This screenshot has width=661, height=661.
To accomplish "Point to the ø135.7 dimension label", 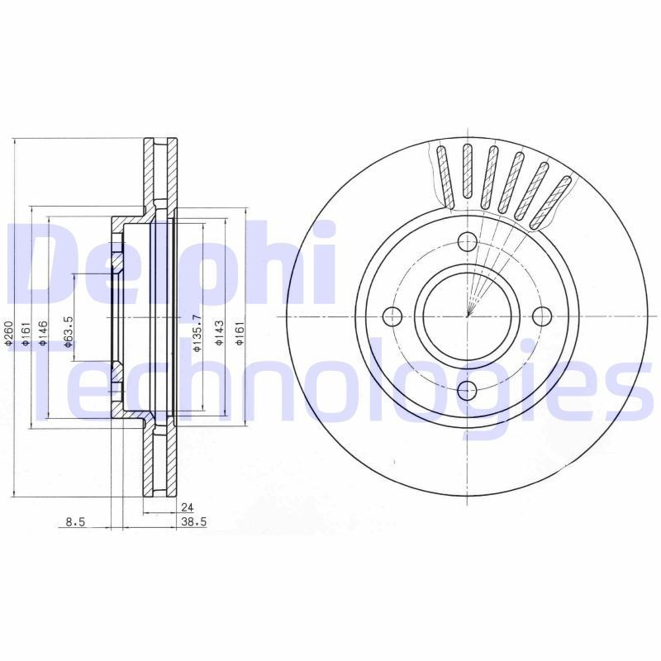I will click(x=196, y=333).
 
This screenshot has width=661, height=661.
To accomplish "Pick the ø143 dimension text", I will click(x=220, y=333).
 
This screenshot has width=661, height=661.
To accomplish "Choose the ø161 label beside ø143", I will click(x=240, y=333).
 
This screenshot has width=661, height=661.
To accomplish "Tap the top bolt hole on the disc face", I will click(x=468, y=242).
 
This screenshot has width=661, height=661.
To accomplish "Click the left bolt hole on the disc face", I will click(x=392, y=316).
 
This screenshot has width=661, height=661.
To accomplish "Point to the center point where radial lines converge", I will click(x=468, y=316).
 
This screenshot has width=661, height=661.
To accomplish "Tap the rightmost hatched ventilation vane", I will click(x=553, y=201).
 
